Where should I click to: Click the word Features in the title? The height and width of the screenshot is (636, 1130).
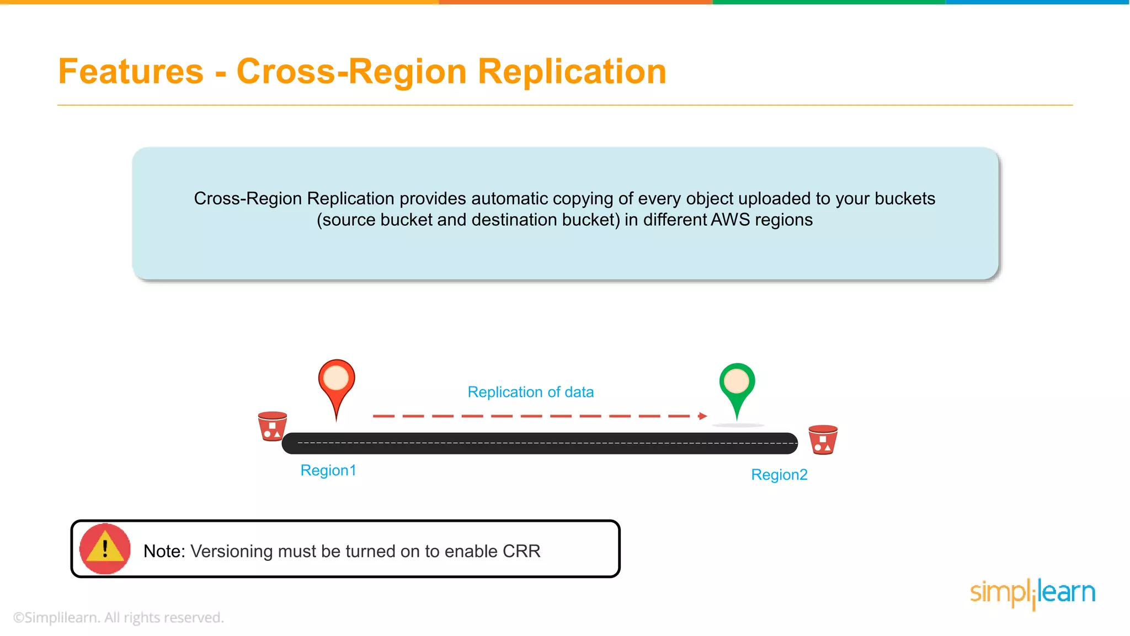coord(131,72)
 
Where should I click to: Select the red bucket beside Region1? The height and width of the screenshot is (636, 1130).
coord(273,426)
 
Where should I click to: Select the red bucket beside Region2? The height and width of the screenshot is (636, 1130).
coord(823,439)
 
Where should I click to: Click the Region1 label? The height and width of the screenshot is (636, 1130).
coord(328,470)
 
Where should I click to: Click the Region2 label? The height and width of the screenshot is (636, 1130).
coord(779,475)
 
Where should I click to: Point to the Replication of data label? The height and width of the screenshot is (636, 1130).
coord(530,392)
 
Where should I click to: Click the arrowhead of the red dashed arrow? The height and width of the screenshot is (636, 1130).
coord(702,416)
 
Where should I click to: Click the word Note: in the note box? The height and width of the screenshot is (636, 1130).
coord(164,551)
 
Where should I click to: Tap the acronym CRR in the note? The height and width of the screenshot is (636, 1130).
coord(521,551)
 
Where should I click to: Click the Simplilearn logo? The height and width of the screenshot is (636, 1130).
coord(1032,593)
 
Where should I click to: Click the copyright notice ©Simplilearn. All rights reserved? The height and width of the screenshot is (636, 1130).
coord(118,617)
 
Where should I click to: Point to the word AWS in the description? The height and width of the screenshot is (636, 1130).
coord(730,220)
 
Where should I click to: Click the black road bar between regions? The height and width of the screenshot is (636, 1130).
coord(540,443)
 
